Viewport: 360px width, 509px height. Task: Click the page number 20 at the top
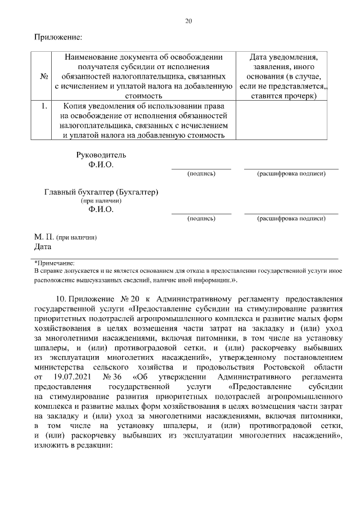[188, 21]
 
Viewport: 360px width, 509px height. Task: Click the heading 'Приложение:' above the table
[58, 37]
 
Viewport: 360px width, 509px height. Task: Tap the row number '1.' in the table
[44, 105]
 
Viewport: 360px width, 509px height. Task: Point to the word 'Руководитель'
[101, 155]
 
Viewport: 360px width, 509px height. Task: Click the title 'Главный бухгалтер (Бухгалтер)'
[101, 192]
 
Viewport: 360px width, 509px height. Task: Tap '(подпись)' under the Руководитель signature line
[201, 174]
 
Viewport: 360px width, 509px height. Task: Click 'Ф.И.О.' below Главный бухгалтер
[101, 210]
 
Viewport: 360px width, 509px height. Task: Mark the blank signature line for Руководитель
[201, 168]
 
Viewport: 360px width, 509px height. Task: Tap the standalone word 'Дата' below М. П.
[43, 246]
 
